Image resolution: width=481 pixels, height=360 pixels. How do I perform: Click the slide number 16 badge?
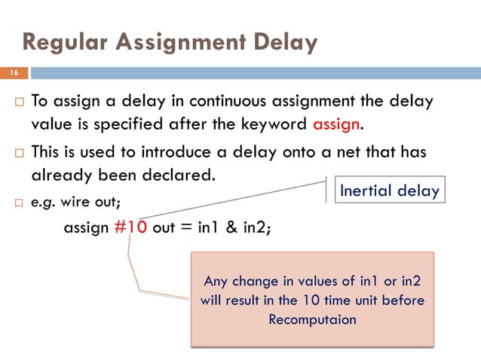tap(14, 73)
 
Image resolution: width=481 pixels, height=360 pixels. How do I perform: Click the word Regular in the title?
tap(63, 42)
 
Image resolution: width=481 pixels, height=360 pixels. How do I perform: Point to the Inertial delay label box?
tap(389, 190)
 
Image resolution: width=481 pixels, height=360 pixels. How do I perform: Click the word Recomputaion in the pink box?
tap(312, 319)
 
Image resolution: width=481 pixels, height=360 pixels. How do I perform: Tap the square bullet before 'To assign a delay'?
tap(16, 102)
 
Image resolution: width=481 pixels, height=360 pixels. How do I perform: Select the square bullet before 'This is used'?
tap(16, 153)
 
